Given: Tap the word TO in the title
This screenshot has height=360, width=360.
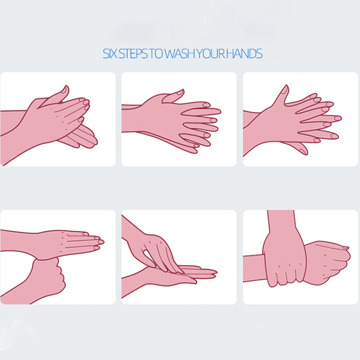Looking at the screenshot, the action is pyautogui.click(x=156, y=54).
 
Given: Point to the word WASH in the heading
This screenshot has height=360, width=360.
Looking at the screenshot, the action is pyautogui.click(x=180, y=54).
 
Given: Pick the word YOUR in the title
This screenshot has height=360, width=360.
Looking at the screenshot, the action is pyautogui.click(x=211, y=54).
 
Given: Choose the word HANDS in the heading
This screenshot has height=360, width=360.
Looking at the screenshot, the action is pyautogui.click(x=244, y=54).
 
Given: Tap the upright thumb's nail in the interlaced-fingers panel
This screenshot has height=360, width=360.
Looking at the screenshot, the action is pyautogui.click(x=285, y=89).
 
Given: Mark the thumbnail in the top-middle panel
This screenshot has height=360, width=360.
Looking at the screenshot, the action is pyautogui.click(x=180, y=92).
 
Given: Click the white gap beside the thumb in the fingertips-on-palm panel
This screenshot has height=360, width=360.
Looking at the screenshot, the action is pyautogui.click(x=149, y=257).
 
